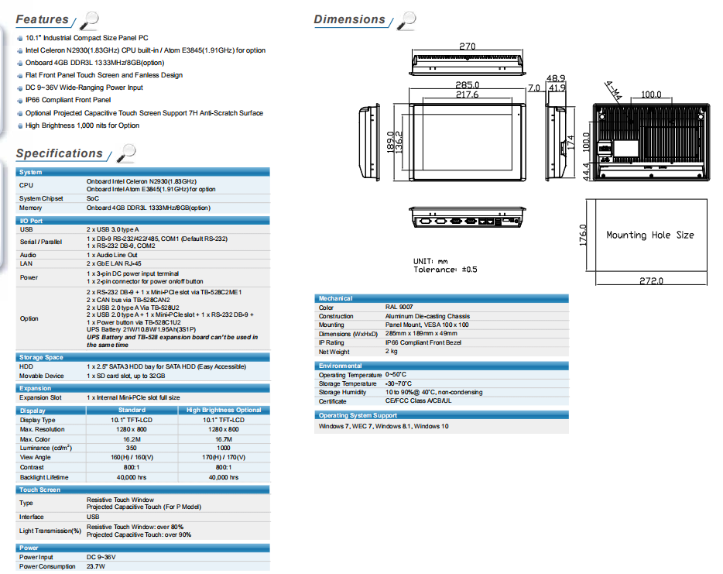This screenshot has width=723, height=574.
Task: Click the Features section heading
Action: pyautogui.click(x=42, y=19)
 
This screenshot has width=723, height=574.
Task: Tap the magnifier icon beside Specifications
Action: pyautogui.click(x=126, y=153)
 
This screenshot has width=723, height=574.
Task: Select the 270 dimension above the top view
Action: pyautogui.click(x=467, y=46)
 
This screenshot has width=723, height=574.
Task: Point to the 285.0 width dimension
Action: pyautogui.click(x=467, y=85)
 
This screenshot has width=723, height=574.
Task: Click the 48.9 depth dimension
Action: pyautogui.click(x=556, y=78)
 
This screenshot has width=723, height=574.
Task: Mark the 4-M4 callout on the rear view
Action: pyautogui.click(x=613, y=91)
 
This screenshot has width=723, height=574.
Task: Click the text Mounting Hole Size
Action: pyautogui.click(x=649, y=235)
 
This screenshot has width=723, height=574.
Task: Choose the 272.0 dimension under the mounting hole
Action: pyautogui.click(x=651, y=280)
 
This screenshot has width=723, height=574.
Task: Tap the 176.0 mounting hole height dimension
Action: pyautogui.click(x=583, y=235)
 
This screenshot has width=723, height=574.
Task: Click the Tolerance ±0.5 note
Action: pyautogui.click(x=445, y=270)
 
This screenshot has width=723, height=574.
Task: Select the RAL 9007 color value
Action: pyautogui.click(x=399, y=307)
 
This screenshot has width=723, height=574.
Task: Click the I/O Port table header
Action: pyautogui.click(x=31, y=221)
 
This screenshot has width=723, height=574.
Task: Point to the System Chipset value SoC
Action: pyautogui.click(x=93, y=198)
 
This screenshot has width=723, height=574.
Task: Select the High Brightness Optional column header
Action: pyautogui.click(x=224, y=410)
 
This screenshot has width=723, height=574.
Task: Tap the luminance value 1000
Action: pyautogui.click(x=224, y=448)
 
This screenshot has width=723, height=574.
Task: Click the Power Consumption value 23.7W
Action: pyautogui.click(x=96, y=566)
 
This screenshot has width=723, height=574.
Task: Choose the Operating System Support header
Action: pyautogui.click(x=358, y=415)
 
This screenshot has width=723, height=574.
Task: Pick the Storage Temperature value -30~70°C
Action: pyautogui.click(x=399, y=383)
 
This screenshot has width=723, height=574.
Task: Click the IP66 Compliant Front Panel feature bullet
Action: pyautogui.click(x=68, y=100)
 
